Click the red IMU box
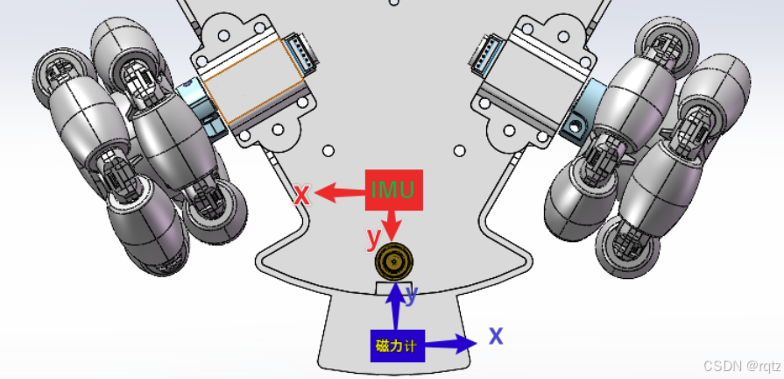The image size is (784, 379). click(394, 189)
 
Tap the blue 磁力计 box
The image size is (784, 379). click(398, 346)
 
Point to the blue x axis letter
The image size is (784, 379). click(496, 335)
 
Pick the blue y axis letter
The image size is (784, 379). click(411, 295)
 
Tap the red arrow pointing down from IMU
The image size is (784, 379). click(392, 225)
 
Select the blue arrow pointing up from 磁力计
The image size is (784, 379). click(397, 306)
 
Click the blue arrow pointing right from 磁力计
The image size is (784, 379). click(451, 343)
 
